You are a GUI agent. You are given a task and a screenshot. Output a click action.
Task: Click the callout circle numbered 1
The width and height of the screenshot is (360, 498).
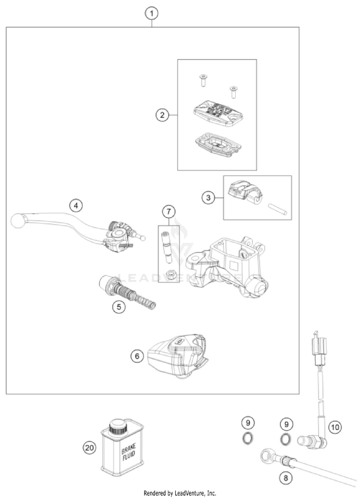[x=152, y=13]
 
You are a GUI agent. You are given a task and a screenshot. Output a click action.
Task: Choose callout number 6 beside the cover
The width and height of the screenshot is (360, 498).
[x=137, y=356]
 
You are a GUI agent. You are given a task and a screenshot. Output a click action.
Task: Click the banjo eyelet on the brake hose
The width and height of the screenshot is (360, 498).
[x=266, y=452]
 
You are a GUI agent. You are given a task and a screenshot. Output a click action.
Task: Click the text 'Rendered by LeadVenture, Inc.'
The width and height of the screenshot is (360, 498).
[x=180, y=493]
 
